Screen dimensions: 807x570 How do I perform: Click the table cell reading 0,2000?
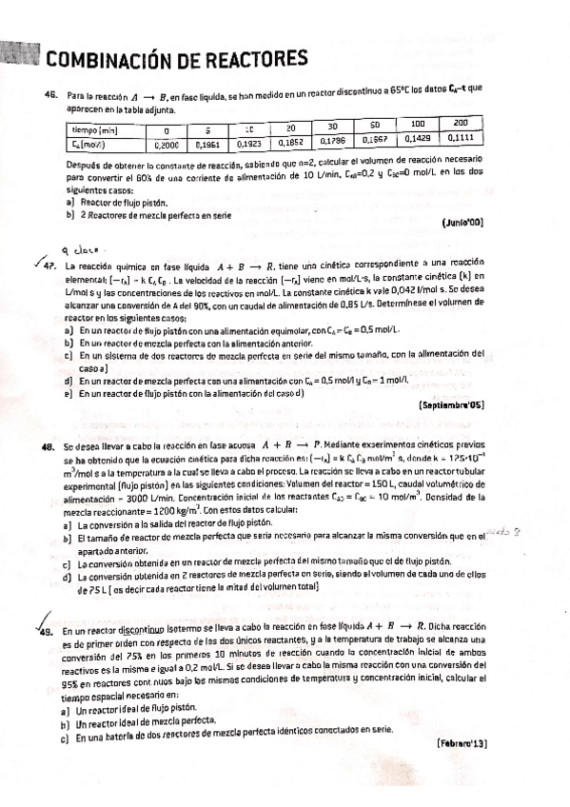coord(167,147)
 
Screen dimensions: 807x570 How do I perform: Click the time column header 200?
coord(460,125)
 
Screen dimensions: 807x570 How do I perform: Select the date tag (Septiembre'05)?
coord(451,404)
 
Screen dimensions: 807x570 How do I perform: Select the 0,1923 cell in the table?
coord(248,144)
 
